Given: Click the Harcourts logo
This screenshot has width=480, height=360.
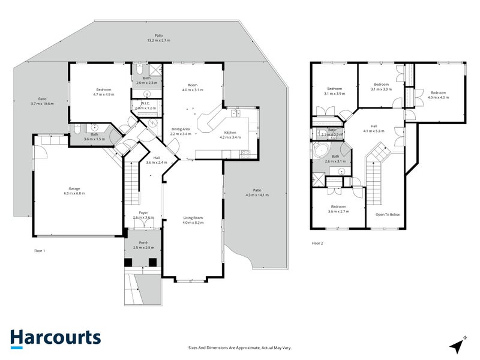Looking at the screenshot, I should click(55, 337).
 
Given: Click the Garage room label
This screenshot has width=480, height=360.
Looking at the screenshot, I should click(76, 191).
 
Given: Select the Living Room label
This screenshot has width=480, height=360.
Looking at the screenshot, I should click(193, 220).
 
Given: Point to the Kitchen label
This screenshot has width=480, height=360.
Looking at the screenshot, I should click(232, 134).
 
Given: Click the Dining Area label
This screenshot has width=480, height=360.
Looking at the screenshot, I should click(181, 131).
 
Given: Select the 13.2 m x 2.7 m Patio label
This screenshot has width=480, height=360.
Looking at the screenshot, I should click(159, 38).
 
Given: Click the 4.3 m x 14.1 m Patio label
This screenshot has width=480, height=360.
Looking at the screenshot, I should click(257, 192).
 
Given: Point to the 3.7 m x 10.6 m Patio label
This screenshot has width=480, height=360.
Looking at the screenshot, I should click(42, 101).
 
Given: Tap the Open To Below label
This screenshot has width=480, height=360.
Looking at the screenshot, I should click(387, 214).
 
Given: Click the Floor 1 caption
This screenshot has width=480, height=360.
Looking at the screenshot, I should click(39, 251).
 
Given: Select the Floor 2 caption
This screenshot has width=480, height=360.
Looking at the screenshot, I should click(317, 243).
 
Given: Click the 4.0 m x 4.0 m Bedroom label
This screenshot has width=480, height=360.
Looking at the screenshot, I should click(438, 95).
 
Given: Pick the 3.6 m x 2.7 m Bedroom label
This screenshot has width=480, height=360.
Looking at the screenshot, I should click(338, 209).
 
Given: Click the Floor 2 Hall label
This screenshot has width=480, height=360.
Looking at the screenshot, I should click(374, 128).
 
